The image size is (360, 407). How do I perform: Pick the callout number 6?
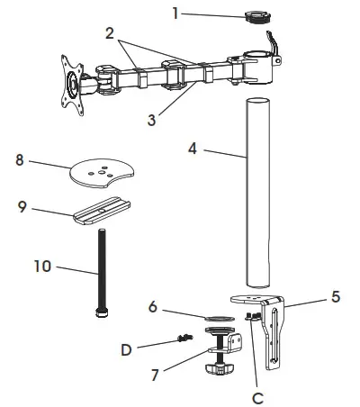153,307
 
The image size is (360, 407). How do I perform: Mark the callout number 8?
20,159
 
